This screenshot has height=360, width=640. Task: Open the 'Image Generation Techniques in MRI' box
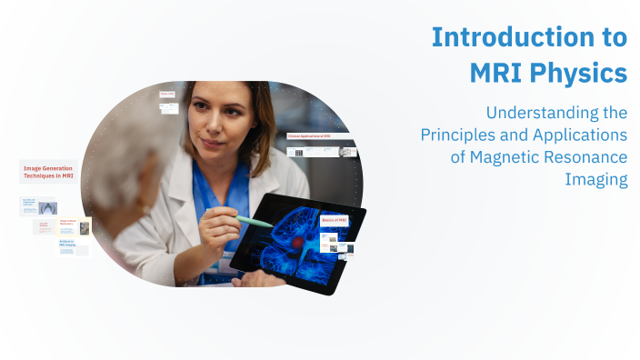click(49, 172)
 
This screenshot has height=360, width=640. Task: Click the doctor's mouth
click(210, 145)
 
